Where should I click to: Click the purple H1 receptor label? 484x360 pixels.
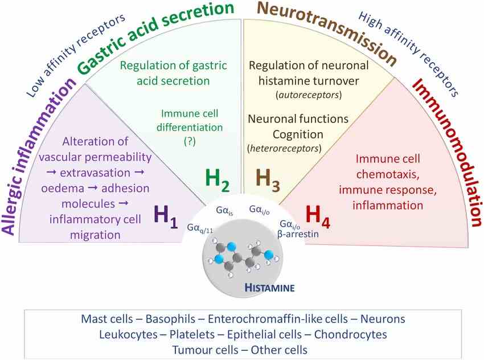tap(169, 217)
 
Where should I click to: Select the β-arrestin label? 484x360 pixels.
tap(297, 233)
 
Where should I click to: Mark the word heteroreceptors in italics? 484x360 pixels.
tap(284, 148)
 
